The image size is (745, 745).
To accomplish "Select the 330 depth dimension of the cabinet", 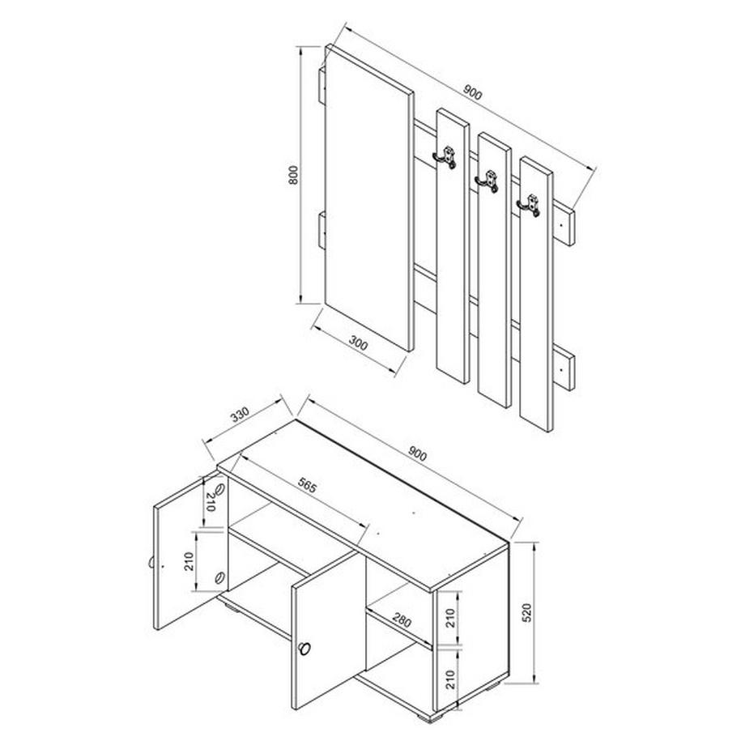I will [239, 416].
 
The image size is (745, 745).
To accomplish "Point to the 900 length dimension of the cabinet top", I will [417, 455].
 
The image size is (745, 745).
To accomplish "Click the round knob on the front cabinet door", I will [304, 647].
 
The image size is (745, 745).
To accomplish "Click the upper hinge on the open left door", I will [219, 493].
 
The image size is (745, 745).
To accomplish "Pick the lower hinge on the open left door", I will [219, 577].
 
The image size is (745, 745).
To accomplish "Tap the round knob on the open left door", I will [152, 564].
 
